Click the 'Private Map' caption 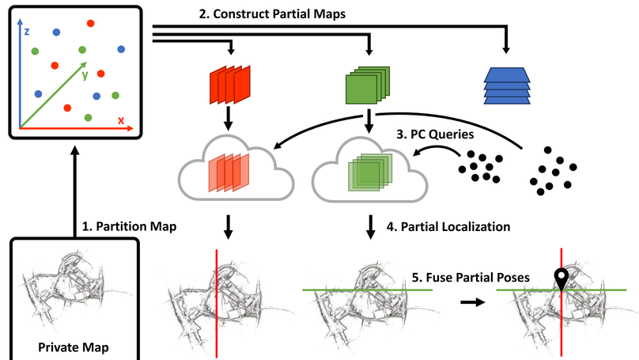[75, 346]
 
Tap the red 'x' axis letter [121, 120]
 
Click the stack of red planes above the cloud [229, 83]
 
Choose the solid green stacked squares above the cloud [369, 83]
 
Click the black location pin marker [561, 279]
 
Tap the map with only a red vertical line [215, 301]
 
